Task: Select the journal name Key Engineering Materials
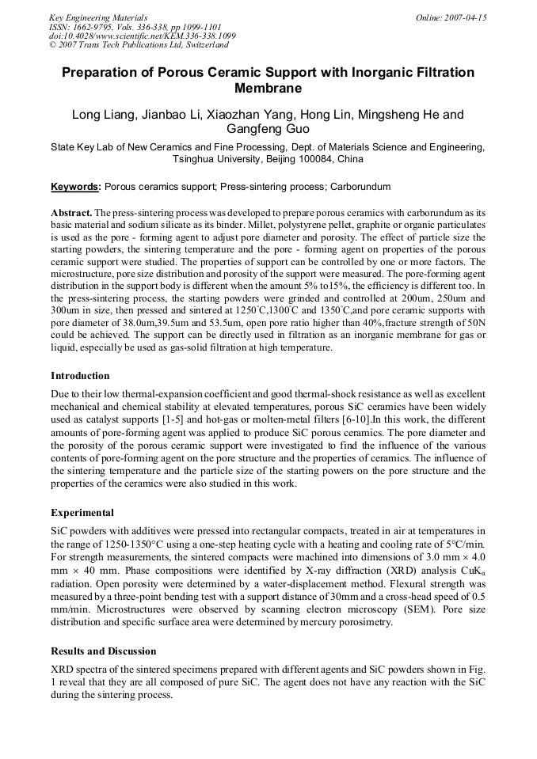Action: tap(98, 17)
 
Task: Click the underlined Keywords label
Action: tap(75, 187)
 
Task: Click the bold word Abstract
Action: tap(70, 214)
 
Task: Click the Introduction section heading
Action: tap(80, 376)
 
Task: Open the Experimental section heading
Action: tap(82, 512)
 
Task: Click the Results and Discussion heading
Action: tap(103, 651)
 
